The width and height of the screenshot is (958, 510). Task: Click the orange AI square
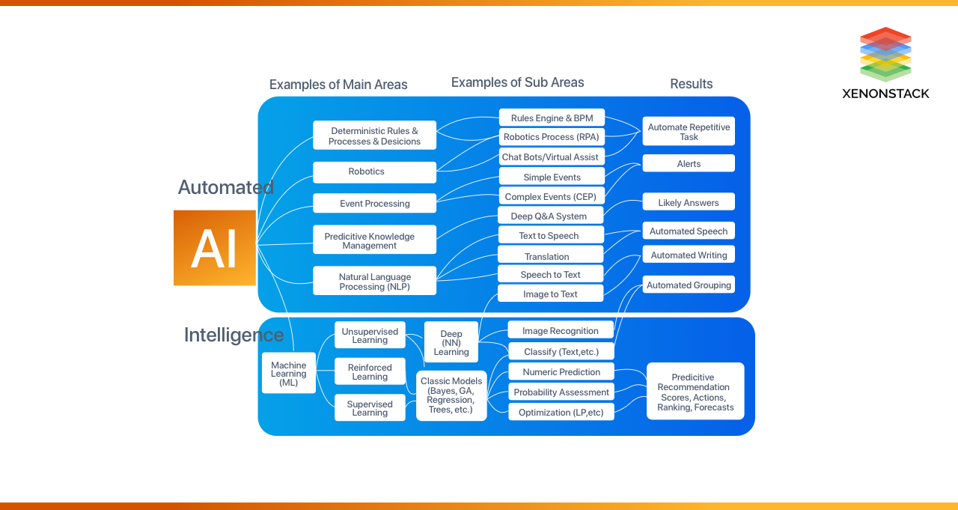click(x=215, y=248)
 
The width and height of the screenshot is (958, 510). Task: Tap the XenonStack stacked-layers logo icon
click(x=885, y=54)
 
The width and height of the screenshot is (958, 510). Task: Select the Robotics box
click(x=374, y=172)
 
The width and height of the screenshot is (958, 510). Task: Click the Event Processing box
click(x=374, y=204)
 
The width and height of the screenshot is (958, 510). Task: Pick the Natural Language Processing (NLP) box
click(x=374, y=282)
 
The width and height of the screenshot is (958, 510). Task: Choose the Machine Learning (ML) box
click(x=289, y=374)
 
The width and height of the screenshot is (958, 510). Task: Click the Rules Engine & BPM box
click(x=552, y=118)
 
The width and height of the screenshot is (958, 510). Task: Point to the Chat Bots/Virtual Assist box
click(x=551, y=157)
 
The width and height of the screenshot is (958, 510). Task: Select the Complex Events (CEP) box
click(x=551, y=197)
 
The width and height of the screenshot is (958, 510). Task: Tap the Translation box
click(x=550, y=256)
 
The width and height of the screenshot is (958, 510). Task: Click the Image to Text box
click(x=550, y=294)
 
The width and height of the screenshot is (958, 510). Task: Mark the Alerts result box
click(x=689, y=164)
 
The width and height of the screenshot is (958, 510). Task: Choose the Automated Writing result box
click(x=689, y=255)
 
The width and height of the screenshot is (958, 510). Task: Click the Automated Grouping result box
click(x=689, y=285)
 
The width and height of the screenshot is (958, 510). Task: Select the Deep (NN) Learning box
click(x=451, y=343)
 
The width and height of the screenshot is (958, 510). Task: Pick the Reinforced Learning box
click(x=370, y=372)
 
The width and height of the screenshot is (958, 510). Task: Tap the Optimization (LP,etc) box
click(x=561, y=413)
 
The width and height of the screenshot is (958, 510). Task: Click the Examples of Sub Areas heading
click(x=517, y=82)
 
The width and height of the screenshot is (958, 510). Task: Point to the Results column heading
click(x=691, y=84)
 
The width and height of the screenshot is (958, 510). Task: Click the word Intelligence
click(x=234, y=335)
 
